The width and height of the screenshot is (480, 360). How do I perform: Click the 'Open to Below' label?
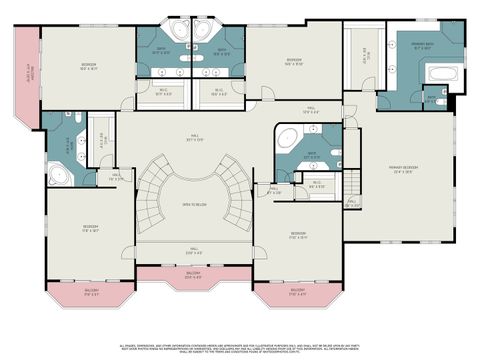tap(194, 205)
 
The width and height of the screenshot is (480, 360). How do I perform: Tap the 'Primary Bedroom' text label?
tap(403, 169)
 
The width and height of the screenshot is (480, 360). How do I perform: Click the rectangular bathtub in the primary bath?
tap(440, 73)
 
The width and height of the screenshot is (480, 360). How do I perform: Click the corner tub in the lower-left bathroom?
tap(57, 178)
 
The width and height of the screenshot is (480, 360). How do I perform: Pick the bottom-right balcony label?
tap(297, 293)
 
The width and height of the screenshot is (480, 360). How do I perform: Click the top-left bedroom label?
tap(89, 67)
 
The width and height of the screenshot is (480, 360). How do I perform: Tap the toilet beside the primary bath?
tap(431, 98)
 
